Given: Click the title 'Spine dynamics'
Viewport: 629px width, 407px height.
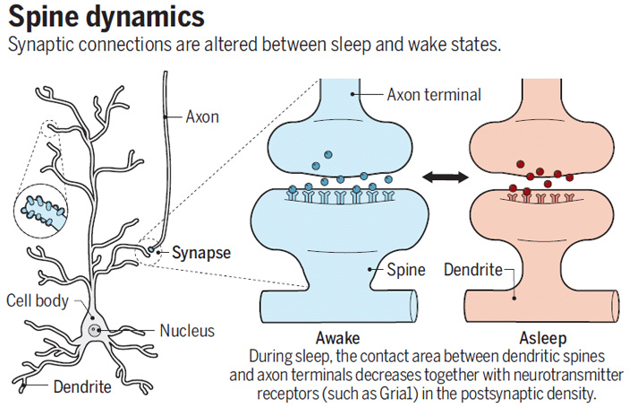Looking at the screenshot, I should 106,17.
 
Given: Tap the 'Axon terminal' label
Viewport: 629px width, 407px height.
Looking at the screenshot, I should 435,93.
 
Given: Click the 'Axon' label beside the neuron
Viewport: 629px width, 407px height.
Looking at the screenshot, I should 202,116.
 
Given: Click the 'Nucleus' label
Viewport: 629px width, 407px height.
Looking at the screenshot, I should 187,331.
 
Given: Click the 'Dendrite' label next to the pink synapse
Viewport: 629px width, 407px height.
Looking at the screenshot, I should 473,268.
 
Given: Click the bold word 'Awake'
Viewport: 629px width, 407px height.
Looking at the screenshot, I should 338,338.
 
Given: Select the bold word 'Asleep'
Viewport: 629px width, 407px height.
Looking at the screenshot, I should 541,338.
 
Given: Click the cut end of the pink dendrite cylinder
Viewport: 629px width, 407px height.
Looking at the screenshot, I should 612,306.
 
